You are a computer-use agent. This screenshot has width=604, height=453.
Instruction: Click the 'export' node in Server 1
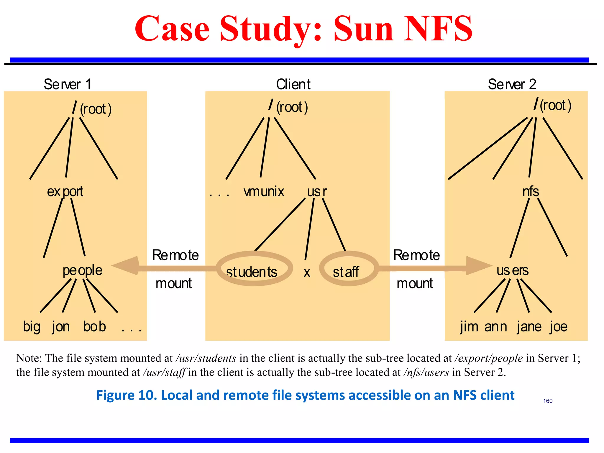(65, 192)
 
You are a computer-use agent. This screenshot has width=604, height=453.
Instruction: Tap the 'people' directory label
(82, 270)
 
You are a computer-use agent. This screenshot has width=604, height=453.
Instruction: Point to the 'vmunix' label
(264, 192)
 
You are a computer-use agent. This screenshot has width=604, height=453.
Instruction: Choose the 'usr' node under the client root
(317, 192)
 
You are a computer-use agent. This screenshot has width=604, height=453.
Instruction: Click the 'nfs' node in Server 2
(531, 192)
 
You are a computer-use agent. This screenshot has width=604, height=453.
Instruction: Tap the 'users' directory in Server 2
(512, 270)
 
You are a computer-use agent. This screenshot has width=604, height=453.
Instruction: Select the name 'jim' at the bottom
(469, 327)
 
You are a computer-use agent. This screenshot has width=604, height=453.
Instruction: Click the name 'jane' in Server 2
(529, 327)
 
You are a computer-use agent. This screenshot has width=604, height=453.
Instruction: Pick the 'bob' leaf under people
(94, 326)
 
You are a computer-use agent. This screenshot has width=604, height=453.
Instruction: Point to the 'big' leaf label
(32, 327)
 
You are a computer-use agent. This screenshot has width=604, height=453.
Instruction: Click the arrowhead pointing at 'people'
(127, 266)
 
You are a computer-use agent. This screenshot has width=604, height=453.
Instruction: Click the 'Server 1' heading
(68, 84)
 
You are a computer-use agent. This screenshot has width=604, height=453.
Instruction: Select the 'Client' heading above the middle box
(293, 84)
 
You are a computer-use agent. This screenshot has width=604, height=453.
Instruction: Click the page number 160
(548, 401)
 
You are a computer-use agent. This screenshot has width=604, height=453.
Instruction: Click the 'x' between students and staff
(307, 273)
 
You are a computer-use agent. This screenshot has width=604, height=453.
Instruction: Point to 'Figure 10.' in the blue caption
(127, 395)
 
